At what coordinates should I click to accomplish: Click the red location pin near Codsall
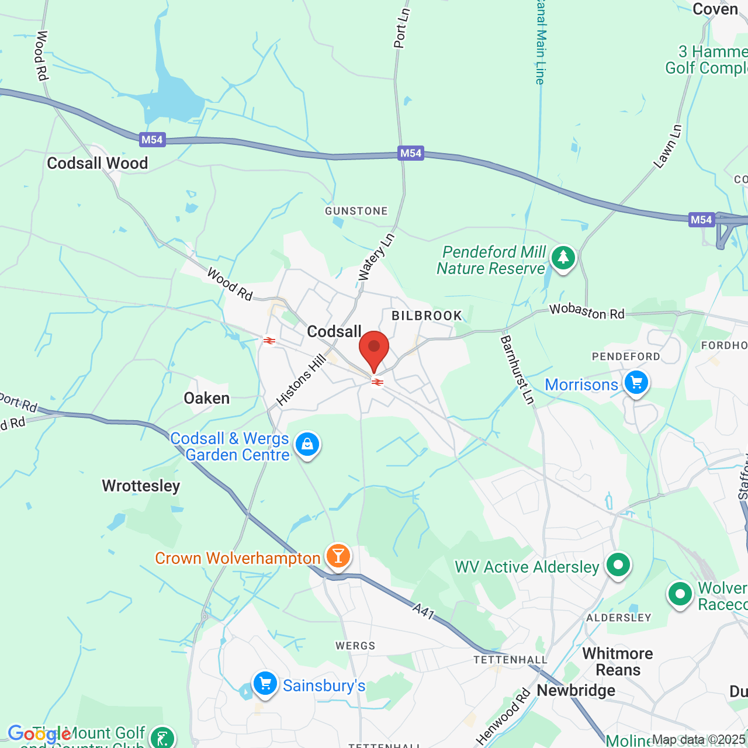(x=373, y=349)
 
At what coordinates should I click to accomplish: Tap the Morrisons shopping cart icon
(x=636, y=383)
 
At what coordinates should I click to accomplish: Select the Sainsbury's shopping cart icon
(x=265, y=683)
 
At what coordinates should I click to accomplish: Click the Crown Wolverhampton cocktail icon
(x=338, y=556)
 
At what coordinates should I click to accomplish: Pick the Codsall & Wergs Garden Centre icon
(x=307, y=445)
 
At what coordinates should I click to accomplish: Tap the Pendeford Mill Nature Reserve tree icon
(x=563, y=258)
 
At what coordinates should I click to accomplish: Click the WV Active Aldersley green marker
(x=618, y=565)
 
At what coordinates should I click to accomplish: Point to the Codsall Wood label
(x=98, y=163)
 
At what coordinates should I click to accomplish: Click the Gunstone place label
(x=356, y=211)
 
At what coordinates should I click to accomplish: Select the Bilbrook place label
(x=427, y=316)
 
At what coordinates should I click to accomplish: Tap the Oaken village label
(x=207, y=399)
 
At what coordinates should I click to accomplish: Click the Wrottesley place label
(x=141, y=486)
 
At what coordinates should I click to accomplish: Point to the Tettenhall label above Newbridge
(x=510, y=660)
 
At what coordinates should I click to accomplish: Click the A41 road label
(x=423, y=612)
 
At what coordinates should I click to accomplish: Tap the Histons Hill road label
(x=301, y=380)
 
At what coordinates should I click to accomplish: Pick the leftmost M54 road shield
(x=152, y=140)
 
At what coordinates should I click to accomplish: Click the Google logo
(x=39, y=734)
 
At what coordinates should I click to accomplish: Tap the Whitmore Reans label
(x=618, y=662)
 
